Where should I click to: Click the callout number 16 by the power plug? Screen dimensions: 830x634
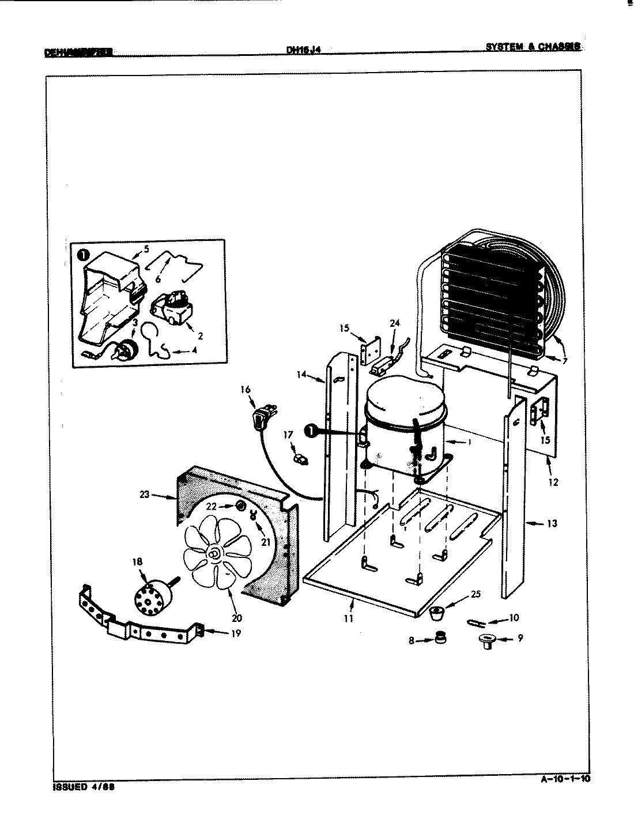click(x=246, y=390)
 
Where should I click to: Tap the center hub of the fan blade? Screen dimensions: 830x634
click(x=214, y=554)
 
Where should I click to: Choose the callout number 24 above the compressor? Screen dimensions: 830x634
click(x=394, y=323)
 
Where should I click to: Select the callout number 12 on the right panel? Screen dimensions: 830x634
click(x=553, y=482)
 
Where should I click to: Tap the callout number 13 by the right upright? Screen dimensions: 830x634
click(x=552, y=524)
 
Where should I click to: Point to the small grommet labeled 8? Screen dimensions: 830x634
click(x=441, y=637)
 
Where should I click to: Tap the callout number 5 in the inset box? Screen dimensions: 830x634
click(x=146, y=250)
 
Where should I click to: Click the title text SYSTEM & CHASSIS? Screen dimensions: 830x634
click(x=532, y=47)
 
